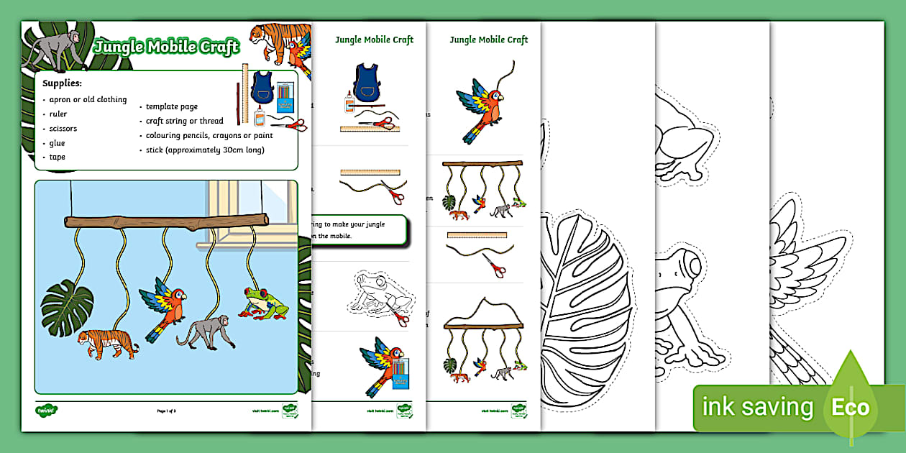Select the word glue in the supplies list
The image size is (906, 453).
click(x=58, y=143)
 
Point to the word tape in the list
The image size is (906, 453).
click(x=58, y=157)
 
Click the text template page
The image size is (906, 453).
click(x=171, y=106)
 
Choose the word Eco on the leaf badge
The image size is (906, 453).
click(x=851, y=408)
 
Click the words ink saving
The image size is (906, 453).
click(x=757, y=408)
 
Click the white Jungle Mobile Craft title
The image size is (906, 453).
click(x=167, y=48)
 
